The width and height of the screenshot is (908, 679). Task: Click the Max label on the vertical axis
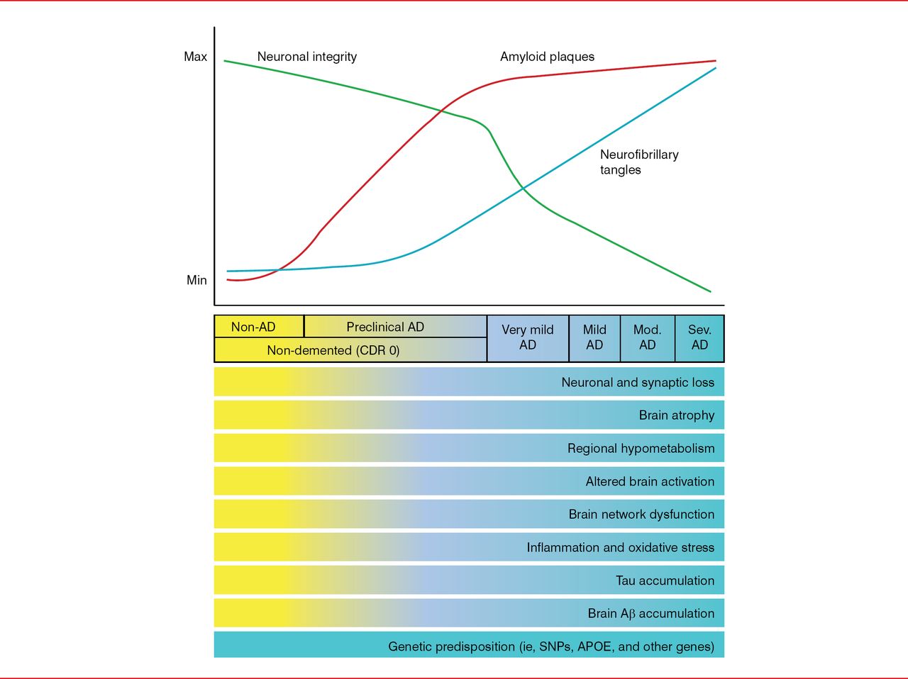[195, 57]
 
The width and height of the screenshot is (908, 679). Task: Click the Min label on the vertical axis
[196, 280]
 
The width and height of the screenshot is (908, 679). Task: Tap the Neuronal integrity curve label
[306, 57]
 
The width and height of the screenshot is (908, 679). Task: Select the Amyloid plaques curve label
[547, 57]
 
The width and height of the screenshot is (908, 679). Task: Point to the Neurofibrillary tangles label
[638, 162]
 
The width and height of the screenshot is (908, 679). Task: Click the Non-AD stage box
[253, 327]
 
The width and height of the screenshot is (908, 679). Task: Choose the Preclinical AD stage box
[385, 327]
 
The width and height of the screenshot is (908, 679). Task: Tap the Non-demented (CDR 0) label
[333, 350]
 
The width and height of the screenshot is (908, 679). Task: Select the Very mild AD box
[527, 337]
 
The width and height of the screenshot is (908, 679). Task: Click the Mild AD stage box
[594, 337]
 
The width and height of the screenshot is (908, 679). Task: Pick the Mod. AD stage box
[647, 337]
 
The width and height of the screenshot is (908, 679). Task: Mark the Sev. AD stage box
[699, 337]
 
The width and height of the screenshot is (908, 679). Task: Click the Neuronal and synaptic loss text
[638, 383]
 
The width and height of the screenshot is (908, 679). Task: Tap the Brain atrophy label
[676, 415]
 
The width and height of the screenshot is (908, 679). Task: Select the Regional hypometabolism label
[641, 449]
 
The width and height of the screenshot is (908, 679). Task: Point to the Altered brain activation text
[650, 481]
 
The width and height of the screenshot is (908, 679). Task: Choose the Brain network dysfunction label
[641, 515]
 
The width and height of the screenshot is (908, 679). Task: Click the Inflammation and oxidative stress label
[620, 547]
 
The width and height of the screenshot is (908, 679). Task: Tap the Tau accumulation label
[665, 580]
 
